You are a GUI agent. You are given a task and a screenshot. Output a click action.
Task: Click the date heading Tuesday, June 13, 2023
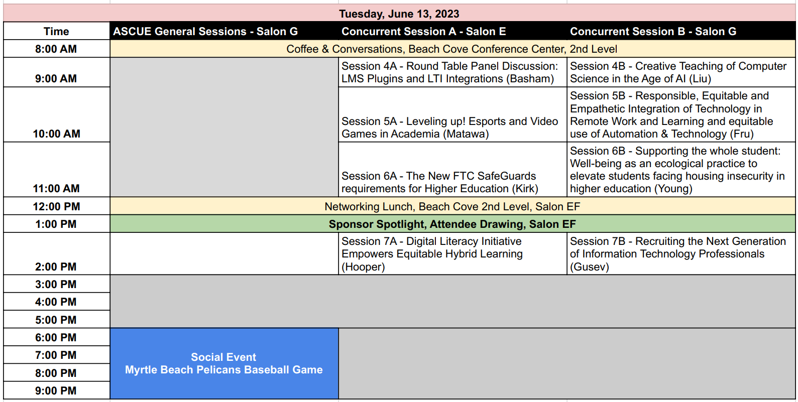(x=399, y=14)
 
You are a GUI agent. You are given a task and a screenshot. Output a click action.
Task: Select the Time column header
(x=56, y=31)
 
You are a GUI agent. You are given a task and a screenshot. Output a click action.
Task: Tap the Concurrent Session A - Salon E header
(x=423, y=31)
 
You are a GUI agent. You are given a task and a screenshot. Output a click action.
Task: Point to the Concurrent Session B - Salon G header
(x=653, y=31)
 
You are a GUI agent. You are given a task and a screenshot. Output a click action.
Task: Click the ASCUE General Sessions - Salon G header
(x=205, y=31)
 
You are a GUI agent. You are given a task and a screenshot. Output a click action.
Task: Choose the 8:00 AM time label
(x=56, y=49)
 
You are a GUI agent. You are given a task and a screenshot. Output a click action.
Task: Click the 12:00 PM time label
(x=56, y=206)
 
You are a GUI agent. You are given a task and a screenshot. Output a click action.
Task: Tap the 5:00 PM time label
(x=56, y=320)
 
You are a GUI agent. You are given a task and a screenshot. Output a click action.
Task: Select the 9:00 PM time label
(x=56, y=390)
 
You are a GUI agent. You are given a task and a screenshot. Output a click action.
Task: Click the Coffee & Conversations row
(x=451, y=49)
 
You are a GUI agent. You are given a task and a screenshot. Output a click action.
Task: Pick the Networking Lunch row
(x=452, y=206)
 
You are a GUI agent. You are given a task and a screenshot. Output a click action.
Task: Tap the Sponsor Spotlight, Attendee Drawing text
(x=452, y=224)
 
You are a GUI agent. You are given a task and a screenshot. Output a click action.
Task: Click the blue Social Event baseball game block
(x=224, y=363)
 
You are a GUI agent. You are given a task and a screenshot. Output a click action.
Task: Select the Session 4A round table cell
(x=449, y=72)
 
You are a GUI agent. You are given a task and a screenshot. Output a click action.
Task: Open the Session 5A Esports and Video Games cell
(x=449, y=127)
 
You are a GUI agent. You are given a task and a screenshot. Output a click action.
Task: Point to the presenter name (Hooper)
(x=363, y=267)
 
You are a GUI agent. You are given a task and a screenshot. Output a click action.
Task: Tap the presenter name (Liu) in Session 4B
(x=700, y=79)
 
